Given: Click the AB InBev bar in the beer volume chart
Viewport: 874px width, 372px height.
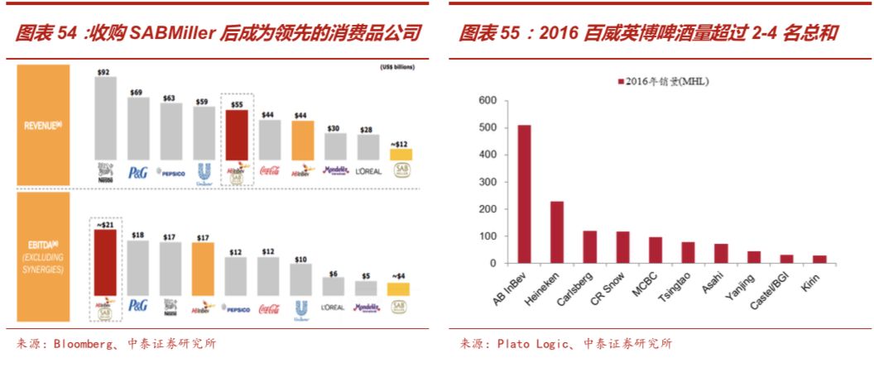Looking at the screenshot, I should click(525, 194).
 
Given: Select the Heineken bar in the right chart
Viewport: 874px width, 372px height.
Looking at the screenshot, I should click(557, 232).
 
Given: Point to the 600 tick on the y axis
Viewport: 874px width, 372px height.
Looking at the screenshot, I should click(487, 101).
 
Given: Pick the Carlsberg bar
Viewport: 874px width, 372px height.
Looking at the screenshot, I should click(589, 246).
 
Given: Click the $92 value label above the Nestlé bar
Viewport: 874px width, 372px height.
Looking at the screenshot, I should click(103, 73).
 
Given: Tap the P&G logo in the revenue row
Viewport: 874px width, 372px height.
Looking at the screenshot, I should click(137, 172).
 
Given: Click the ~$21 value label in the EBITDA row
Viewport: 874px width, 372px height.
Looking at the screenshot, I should click(104, 223).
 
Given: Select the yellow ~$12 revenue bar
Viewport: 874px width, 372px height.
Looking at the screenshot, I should click(401, 154).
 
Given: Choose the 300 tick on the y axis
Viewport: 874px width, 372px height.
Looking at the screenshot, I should click(487, 182).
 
